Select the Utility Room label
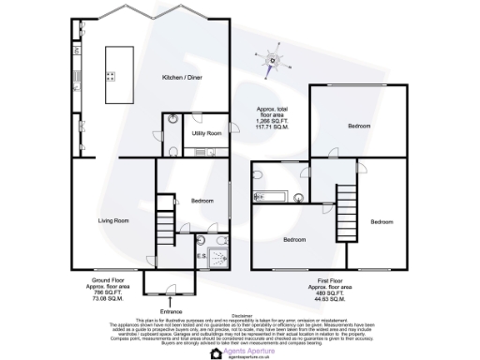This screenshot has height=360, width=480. coord(206,134)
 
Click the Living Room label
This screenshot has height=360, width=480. coord(114,221)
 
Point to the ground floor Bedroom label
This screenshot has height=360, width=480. coord(203,202)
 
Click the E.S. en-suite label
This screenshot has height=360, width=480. coord(202,256)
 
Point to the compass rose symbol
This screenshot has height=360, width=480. coord(274,62)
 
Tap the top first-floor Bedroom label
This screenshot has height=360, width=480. coord(360,125)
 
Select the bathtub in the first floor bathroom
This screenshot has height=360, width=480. coord(268,196)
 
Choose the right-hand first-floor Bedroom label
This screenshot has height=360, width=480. coord(381,221)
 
